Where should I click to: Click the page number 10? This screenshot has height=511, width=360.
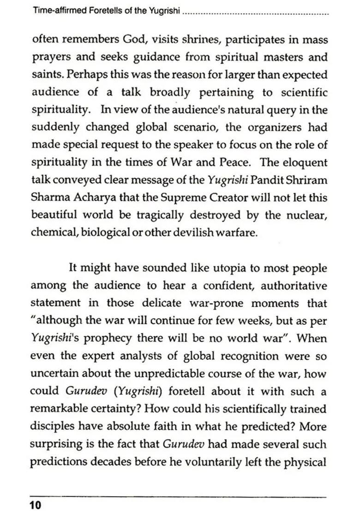click(35, 505)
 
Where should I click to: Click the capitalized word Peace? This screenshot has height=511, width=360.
click(231, 162)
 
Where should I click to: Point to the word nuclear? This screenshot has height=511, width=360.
click(307, 215)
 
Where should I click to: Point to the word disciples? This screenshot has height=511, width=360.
click(54, 427)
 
